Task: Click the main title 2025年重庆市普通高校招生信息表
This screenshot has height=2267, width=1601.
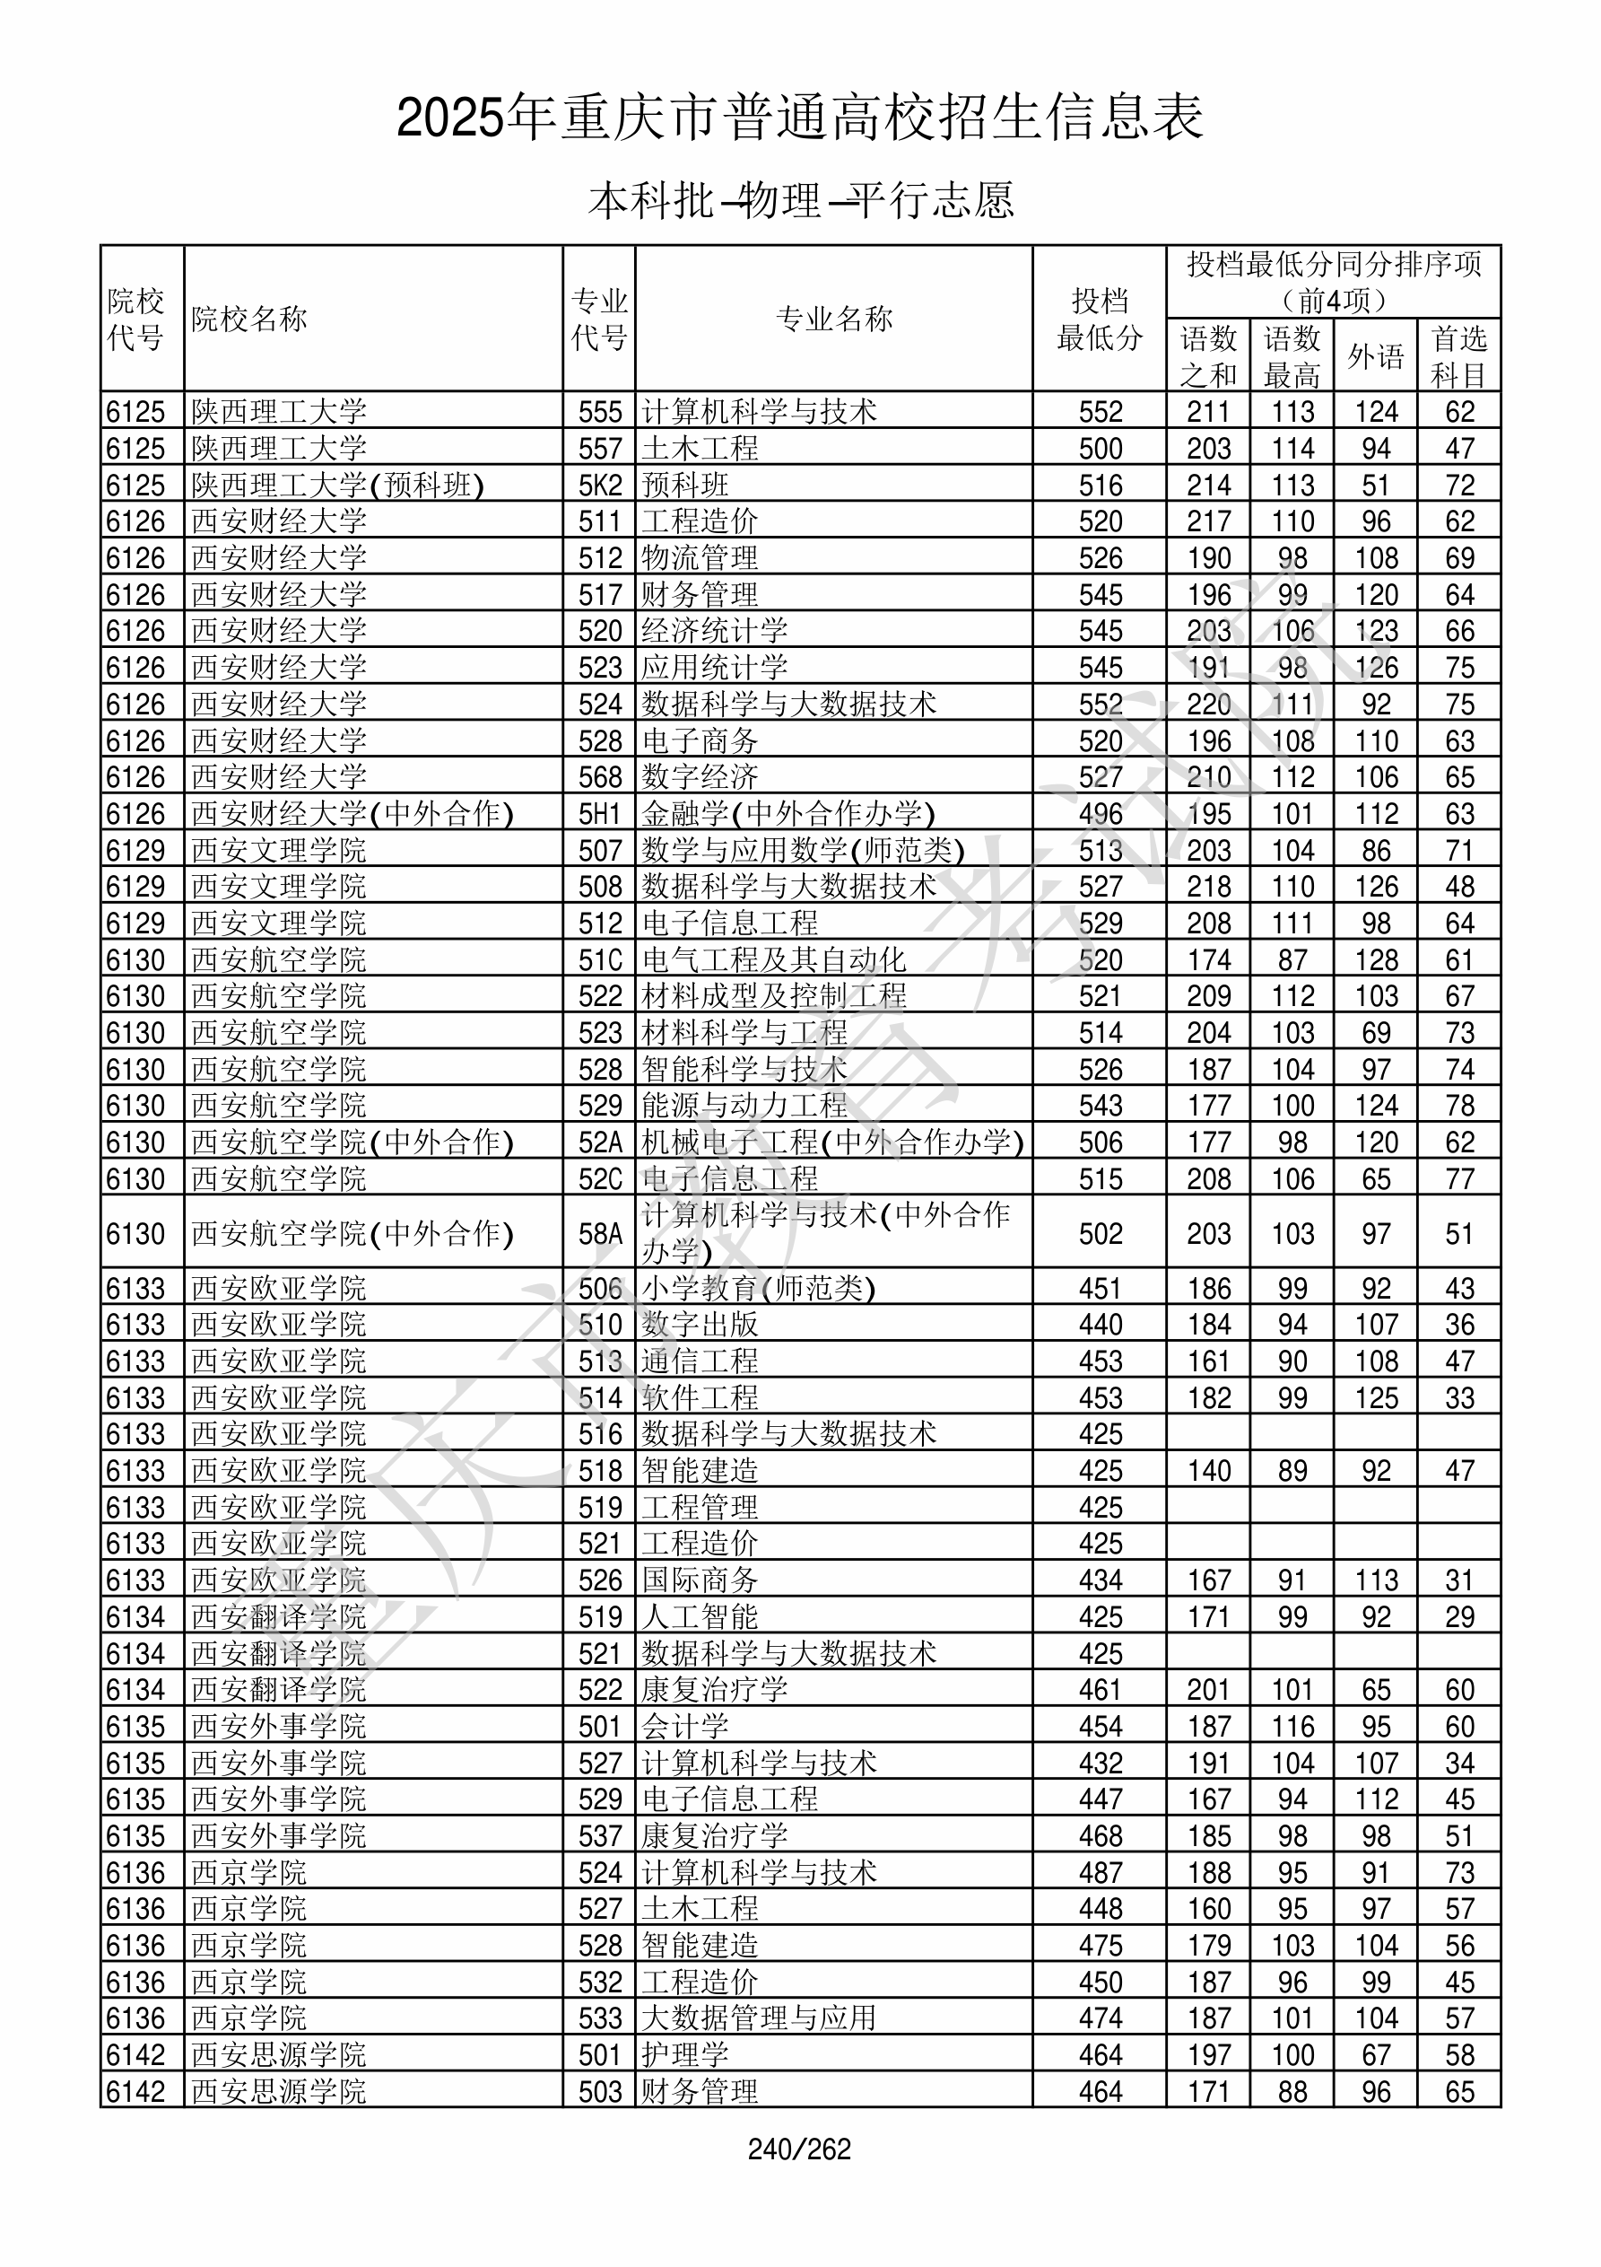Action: (799, 118)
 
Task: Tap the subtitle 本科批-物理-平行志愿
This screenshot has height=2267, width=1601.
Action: (799, 200)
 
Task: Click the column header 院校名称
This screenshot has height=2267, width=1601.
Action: (249, 319)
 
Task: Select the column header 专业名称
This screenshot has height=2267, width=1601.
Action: (834, 319)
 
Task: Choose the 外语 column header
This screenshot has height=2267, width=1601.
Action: (1376, 356)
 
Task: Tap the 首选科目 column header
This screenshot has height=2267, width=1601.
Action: (1459, 356)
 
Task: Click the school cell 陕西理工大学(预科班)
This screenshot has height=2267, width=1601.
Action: (337, 485)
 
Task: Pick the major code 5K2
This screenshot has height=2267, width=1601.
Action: (600, 485)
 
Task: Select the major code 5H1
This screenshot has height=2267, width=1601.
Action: (600, 814)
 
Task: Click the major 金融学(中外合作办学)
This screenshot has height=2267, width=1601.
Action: (787, 814)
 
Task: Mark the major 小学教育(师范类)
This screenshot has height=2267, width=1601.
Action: (758, 1289)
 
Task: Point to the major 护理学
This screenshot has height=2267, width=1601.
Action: (685, 2054)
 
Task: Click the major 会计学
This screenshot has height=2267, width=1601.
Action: (685, 1726)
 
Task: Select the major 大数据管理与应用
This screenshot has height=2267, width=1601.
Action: (758, 2018)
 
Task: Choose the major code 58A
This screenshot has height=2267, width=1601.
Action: (600, 1233)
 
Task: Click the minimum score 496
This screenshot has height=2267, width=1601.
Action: (1101, 814)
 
